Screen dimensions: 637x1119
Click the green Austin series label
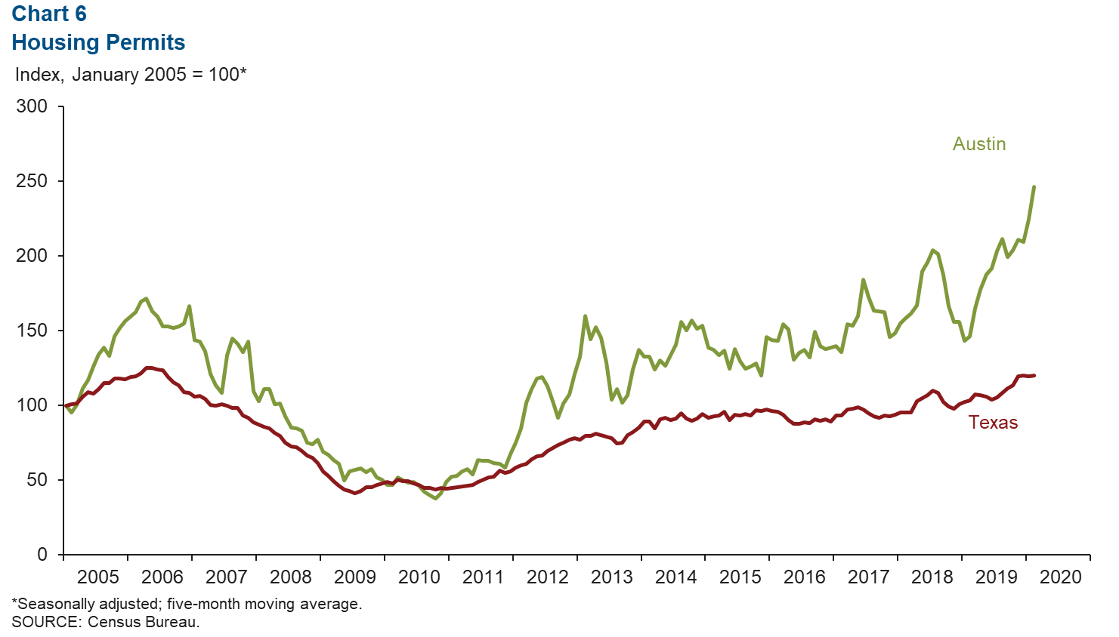tap(978, 144)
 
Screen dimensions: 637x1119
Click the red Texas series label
tap(993, 423)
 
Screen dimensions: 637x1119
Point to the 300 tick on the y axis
tap(32, 106)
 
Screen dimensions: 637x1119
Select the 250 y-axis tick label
tap(32, 181)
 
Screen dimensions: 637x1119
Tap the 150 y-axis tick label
tap(32, 331)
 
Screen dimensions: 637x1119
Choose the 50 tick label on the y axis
tap(37, 480)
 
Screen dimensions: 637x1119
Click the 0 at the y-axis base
tap(42, 555)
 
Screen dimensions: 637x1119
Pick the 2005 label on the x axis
tap(98, 577)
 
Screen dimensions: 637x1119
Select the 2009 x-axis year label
tap(354, 577)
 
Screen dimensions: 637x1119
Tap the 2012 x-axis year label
tap(547, 577)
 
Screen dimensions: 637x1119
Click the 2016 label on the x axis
tap(804, 577)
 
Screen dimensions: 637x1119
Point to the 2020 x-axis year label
tap(1061, 577)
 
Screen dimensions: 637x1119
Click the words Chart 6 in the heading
tap(49, 14)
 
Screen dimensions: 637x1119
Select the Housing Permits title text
tap(98, 43)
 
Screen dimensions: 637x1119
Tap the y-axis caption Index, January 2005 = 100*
tap(131, 75)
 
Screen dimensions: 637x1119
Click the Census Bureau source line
tap(106, 623)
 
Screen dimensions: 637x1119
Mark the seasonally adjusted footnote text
tap(187, 605)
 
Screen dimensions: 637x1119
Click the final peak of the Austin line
tap(1034, 186)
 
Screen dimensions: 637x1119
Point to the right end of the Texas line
tap(1034, 375)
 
